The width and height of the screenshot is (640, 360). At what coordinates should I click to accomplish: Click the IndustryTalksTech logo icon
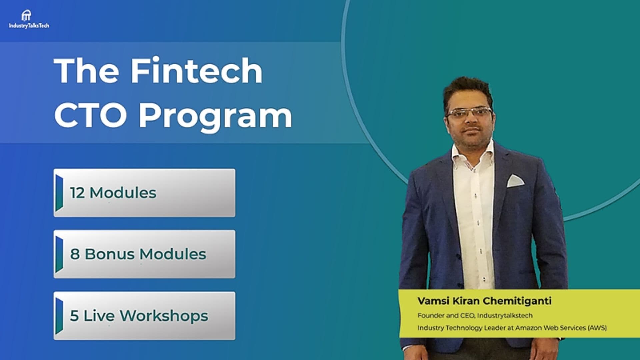[x=26, y=16]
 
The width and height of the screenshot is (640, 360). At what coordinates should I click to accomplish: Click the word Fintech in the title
[x=196, y=71]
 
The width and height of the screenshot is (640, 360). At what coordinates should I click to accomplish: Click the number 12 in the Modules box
[x=77, y=193]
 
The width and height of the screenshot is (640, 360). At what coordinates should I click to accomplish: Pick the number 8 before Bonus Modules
[x=75, y=254]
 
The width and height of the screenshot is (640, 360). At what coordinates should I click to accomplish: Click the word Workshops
[x=164, y=316]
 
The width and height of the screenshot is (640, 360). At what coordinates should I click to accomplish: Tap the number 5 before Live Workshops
[x=74, y=316]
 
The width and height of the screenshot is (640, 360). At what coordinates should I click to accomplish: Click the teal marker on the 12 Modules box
[x=59, y=193]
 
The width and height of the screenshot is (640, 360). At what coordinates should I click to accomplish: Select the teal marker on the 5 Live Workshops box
[x=59, y=316]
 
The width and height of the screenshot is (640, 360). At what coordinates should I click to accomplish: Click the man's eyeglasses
[x=469, y=113]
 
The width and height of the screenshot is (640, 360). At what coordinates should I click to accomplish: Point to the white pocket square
[x=515, y=181]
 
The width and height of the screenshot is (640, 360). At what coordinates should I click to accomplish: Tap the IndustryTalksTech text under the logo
[x=29, y=26]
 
